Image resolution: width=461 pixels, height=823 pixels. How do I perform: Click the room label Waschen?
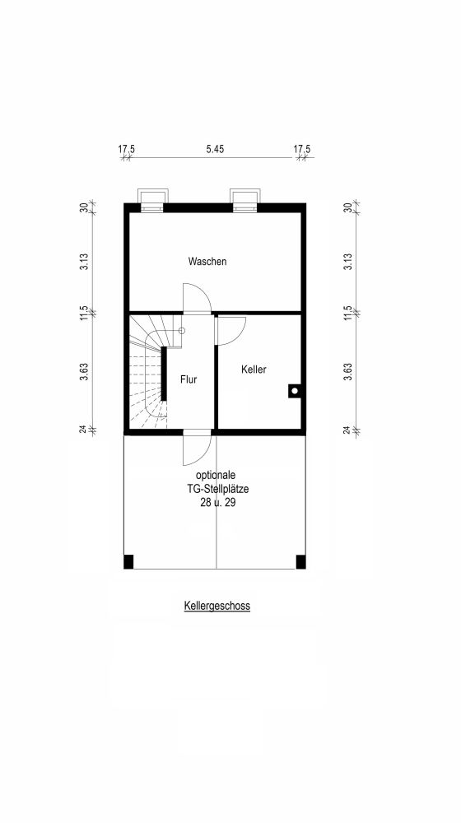(207, 261)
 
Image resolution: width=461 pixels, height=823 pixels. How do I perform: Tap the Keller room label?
(254, 370)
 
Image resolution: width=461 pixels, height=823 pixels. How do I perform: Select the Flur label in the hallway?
(189, 379)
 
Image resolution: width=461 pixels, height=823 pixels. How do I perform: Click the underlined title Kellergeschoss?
(217, 606)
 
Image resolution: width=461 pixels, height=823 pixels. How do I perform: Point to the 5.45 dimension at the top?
(215, 149)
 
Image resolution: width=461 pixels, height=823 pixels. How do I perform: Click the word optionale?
(217, 476)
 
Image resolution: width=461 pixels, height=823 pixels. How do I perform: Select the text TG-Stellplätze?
(217, 489)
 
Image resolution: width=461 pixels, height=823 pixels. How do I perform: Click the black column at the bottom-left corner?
(128, 561)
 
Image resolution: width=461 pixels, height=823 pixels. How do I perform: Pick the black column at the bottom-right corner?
(300, 561)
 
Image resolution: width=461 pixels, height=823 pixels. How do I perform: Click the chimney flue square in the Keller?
(295, 391)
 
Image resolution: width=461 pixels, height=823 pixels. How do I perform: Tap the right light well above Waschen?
(244, 200)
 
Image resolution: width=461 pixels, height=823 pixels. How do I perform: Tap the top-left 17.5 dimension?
(126, 149)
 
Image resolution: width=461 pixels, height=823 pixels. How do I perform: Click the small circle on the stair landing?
(182, 331)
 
